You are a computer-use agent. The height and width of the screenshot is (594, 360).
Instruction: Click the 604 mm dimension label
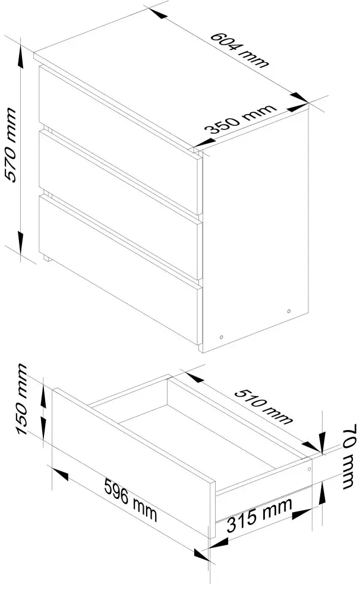point(239,50)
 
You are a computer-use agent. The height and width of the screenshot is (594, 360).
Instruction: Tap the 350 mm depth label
point(240,119)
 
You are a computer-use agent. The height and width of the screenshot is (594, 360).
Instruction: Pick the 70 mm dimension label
point(349,456)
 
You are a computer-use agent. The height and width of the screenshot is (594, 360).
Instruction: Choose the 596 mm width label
point(130,501)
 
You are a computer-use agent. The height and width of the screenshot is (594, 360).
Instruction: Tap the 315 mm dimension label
point(260,515)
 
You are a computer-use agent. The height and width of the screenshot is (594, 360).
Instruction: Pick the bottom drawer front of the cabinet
point(121,270)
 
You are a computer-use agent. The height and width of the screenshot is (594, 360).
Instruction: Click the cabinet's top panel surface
point(171,78)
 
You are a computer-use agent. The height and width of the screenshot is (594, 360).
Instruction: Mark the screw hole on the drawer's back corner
point(309,469)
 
